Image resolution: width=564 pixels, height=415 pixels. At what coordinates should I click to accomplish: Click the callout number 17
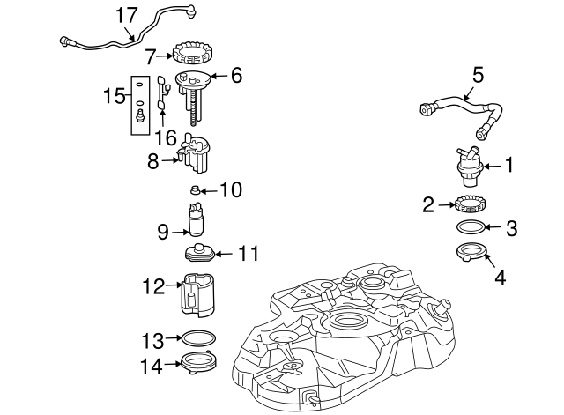[x=127, y=16]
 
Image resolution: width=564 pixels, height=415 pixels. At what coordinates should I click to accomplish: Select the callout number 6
[x=236, y=76]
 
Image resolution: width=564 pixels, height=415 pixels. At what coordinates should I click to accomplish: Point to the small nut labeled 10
[x=195, y=189]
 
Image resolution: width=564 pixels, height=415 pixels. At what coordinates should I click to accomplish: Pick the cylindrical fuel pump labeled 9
[x=196, y=219]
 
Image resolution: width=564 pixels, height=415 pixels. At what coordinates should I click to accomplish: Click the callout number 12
[x=153, y=286]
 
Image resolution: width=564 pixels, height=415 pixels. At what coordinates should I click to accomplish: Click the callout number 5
[x=478, y=75]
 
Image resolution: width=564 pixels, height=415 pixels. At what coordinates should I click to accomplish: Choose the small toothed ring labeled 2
[x=468, y=204]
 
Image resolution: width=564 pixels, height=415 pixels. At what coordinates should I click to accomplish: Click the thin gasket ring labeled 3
[x=471, y=227]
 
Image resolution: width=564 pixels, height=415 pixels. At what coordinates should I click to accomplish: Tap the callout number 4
[x=501, y=278]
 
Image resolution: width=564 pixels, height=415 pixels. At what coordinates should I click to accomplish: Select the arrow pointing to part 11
[x=224, y=254]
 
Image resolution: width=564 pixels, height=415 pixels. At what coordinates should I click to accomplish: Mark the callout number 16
[x=166, y=137]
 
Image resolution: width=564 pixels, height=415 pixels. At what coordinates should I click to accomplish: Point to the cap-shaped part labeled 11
[x=200, y=252]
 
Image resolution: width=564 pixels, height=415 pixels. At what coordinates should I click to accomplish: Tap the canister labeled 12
[x=197, y=294]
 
